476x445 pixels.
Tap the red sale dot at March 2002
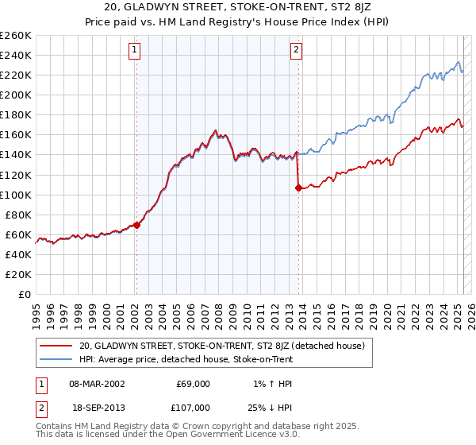(136, 225)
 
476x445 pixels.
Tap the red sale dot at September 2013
(298, 188)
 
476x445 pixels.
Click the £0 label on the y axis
(24, 295)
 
